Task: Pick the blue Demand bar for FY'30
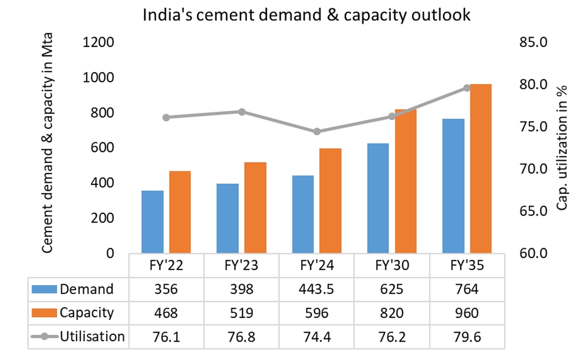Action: [x=378, y=198]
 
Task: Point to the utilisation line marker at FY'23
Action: [x=242, y=112]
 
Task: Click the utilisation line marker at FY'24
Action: [x=317, y=132]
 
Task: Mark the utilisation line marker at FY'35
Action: [x=467, y=88]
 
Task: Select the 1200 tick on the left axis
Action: [x=100, y=43]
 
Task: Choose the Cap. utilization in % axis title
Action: [x=561, y=148]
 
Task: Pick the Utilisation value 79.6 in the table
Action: [x=467, y=336]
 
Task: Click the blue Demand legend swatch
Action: [x=45, y=289]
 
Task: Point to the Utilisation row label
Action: [x=92, y=336]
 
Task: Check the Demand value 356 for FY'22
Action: [x=167, y=289]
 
